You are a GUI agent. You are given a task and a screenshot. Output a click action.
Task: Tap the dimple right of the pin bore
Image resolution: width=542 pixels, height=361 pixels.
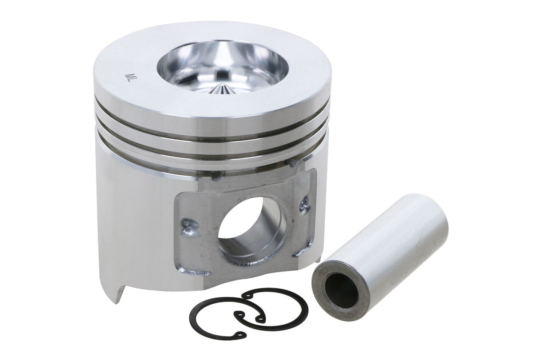pos(303,204)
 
